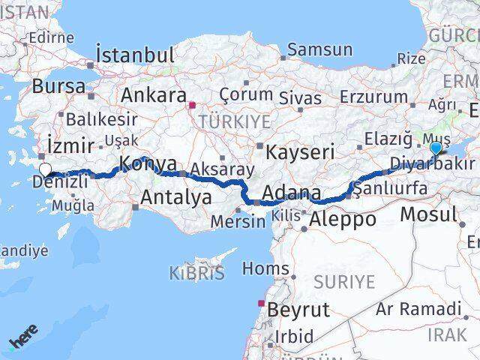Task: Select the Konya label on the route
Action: [x=148, y=163]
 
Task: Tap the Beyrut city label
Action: [x=298, y=309]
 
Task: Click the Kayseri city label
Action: [x=303, y=151]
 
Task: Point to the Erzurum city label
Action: [x=373, y=96]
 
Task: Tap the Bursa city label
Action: [x=58, y=85]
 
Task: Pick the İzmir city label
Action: [x=70, y=144]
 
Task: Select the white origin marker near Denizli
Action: [x=45, y=170]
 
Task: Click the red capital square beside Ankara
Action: [x=193, y=106]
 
